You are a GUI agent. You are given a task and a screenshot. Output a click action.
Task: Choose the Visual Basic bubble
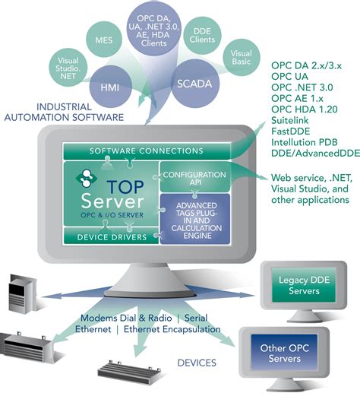[x=241, y=59]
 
